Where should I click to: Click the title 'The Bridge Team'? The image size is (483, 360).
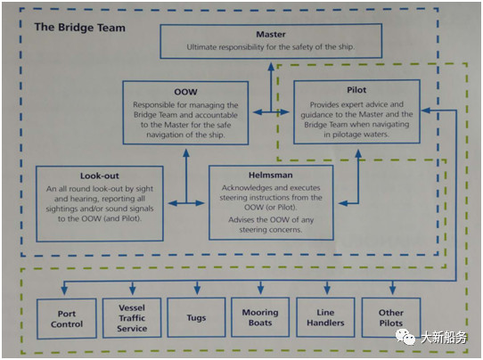80,28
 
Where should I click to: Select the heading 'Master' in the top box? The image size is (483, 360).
271,34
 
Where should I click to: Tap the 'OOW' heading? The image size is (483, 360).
185,92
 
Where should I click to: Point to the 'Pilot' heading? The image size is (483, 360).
356,90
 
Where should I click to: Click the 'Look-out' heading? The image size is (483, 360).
100,176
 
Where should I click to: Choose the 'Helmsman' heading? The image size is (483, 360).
270,175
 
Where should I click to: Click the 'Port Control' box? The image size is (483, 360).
67,319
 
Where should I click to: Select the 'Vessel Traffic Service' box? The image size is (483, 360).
132,318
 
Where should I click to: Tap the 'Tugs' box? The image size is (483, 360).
196,317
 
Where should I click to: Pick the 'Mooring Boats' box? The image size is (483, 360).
260,317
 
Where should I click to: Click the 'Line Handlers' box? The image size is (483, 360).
325,317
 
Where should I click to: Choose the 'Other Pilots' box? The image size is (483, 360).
391,317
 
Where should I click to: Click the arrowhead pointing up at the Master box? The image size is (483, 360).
271,66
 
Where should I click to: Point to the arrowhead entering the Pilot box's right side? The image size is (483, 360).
426,110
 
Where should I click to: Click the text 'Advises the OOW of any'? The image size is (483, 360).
271,219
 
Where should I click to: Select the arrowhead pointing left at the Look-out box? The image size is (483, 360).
173,203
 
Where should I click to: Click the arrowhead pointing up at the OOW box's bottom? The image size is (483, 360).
186,152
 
